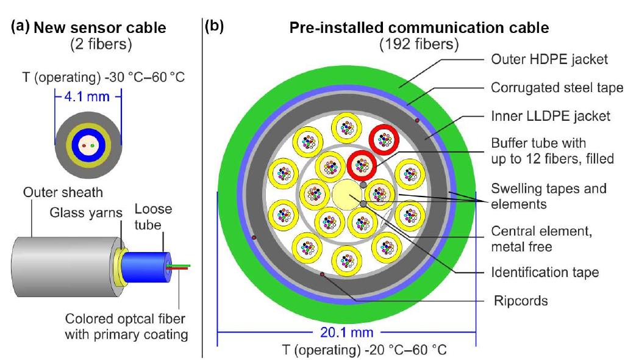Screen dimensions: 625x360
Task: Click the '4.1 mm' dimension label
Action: pos(87,96)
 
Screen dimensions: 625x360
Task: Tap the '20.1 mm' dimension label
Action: pos(347,332)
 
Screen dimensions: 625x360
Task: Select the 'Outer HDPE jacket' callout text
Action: pos(549,59)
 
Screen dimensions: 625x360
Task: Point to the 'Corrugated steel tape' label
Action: pos(557,87)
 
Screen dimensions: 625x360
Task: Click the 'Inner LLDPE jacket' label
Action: pos(551,116)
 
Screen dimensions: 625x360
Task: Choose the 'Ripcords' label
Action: pos(521,301)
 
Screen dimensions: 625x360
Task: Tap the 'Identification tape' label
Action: pos(545,272)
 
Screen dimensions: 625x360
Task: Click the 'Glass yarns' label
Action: pos(86,212)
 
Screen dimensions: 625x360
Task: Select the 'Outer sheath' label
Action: pos(63,192)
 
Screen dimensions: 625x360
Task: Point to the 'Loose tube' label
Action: pos(153,217)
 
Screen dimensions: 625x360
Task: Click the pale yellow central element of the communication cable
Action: pos(347,194)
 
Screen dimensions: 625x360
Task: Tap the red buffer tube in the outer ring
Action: pos(384,140)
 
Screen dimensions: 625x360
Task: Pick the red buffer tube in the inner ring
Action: pos(362,165)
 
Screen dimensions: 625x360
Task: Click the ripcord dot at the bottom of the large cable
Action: pos(322,275)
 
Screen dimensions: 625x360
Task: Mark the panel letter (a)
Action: pos(20,26)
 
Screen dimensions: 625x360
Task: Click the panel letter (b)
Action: pos(214,26)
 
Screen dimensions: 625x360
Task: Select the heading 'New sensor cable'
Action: pos(99,28)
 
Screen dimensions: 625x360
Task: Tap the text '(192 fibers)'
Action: pos(418,45)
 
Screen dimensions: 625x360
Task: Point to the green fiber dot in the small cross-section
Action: pos(93,146)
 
